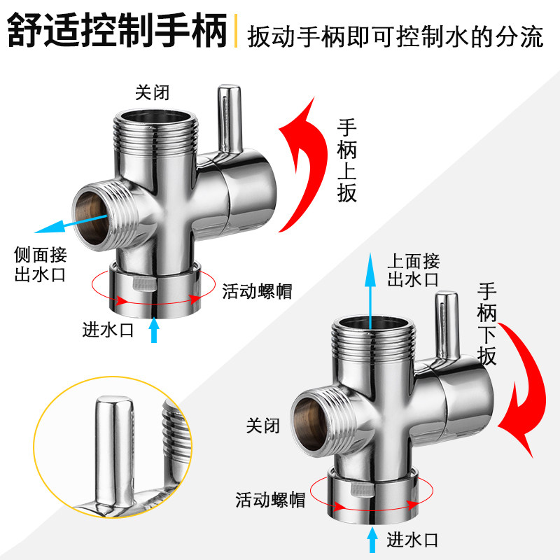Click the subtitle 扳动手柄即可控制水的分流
(x=395, y=36)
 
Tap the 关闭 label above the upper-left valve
(x=152, y=92)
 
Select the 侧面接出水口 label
(x=40, y=264)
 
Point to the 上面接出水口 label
(x=413, y=271)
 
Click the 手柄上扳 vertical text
(x=347, y=161)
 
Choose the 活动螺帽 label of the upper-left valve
(x=257, y=290)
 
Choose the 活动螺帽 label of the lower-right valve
(x=269, y=500)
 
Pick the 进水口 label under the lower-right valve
(x=412, y=540)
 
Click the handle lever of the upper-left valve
(x=227, y=119)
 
